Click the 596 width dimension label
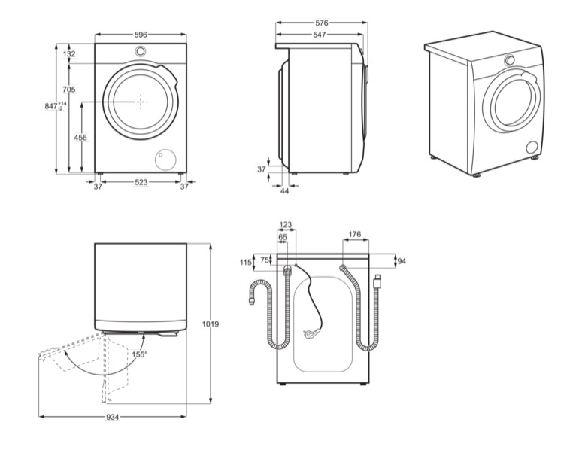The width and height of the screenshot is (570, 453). click(141, 34)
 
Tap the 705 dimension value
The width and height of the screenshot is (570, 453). click(69, 90)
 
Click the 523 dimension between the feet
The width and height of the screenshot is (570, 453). click(141, 182)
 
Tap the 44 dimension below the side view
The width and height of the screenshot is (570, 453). click(284, 191)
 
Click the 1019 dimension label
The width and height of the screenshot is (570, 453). click(211, 324)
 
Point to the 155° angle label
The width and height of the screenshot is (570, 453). click(141, 354)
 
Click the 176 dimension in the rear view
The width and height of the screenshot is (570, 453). click(355, 235)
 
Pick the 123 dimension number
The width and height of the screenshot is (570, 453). click(286, 225)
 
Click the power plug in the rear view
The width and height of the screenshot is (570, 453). click(308, 333)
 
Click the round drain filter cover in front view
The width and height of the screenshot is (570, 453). click(164, 158)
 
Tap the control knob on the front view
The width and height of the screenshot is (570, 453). click(141, 52)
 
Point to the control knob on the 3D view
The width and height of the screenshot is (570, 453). click(511, 60)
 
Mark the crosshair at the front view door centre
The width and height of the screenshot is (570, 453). click(141, 101)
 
